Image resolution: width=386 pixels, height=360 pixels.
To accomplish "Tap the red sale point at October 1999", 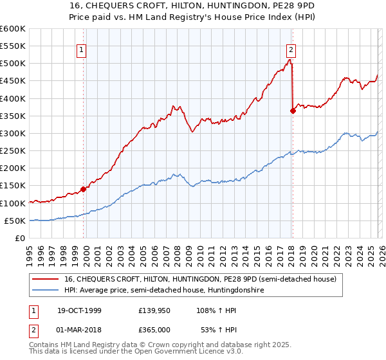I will pos(83,189).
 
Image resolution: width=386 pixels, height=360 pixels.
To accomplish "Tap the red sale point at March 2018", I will pos(293,111).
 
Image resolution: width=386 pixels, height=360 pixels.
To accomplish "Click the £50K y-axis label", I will pos(15,221).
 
